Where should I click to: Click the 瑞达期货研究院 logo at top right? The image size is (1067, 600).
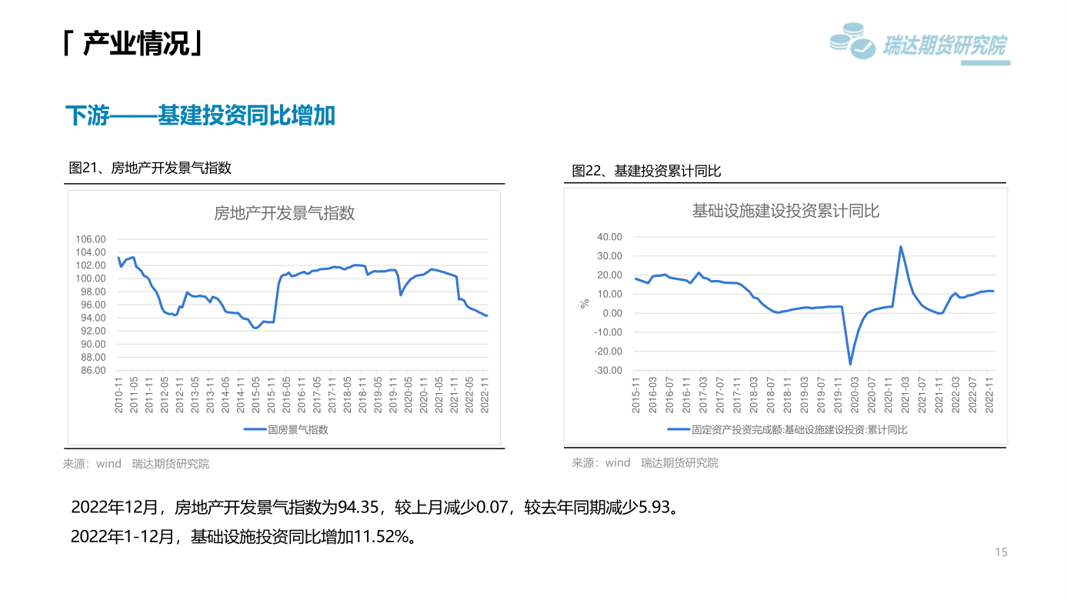pyautogui.click(x=919, y=44)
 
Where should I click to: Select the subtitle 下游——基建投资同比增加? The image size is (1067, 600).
pyautogui.click(x=200, y=116)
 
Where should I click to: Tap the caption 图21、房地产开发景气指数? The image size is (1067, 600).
pyautogui.click(x=151, y=168)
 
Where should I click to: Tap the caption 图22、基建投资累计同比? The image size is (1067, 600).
pyautogui.click(x=646, y=171)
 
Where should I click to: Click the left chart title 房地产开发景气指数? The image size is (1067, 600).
pyautogui.click(x=284, y=213)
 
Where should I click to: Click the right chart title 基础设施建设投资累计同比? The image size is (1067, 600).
pyautogui.click(x=785, y=211)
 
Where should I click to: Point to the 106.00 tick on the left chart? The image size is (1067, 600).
pyautogui.click(x=90, y=239)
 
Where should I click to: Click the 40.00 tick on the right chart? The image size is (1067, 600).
pyautogui.click(x=609, y=237)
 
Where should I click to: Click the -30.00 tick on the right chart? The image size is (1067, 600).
pyautogui.click(x=608, y=370)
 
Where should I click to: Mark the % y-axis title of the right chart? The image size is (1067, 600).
pyautogui.click(x=585, y=304)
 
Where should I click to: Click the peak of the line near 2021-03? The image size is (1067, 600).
pyautogui.click(x=901, y=247)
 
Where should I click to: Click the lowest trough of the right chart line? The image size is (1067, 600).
pyautogui.click(x=850, y=364)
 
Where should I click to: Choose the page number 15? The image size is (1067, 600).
pyautogui.click(x=1001, y=552)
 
